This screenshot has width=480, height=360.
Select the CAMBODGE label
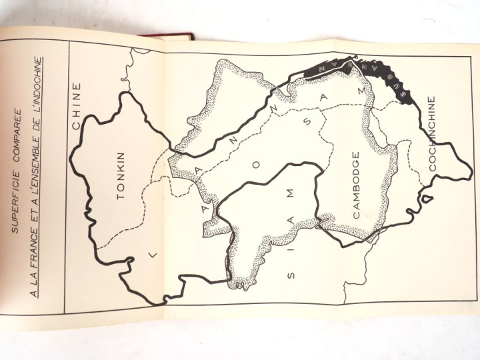355,185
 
